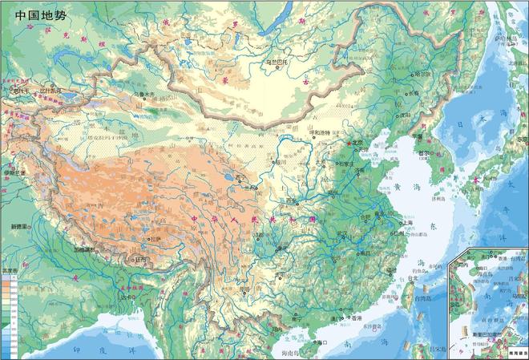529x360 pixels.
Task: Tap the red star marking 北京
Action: click(345, 145)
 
